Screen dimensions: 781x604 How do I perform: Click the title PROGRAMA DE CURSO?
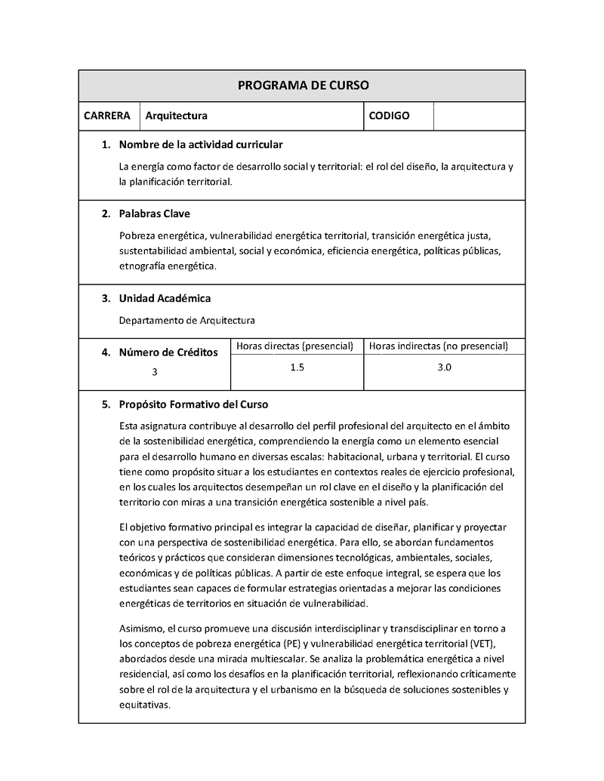click(303, 85)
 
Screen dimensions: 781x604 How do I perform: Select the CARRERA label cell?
click(108, 115)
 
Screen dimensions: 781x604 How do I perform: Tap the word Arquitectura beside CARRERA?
click(176, 116)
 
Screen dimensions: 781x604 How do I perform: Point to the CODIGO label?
click(389, 115)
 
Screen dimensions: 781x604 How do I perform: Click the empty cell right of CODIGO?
click(479, 115)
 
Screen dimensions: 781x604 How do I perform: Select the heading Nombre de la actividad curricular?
click(201, 144)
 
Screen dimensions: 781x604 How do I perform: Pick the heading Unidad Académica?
click(165, 298)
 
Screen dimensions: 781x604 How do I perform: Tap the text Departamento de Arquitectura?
click(187, 320)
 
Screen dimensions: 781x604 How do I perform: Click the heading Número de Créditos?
click(168, 352)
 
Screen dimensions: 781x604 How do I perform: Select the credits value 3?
click(155, 372)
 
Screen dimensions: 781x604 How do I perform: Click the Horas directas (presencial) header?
click(295, 346)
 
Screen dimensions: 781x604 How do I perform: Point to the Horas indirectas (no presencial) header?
click(438, 346)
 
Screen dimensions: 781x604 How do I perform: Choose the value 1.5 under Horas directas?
click(297, 367)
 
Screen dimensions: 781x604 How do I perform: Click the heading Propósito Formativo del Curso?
click(193, 404)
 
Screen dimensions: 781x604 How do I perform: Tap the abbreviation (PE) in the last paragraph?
click(291, 644)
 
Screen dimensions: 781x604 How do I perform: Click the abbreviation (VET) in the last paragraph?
click(480, 644)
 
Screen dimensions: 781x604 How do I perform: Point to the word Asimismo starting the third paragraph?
click(141, 629)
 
